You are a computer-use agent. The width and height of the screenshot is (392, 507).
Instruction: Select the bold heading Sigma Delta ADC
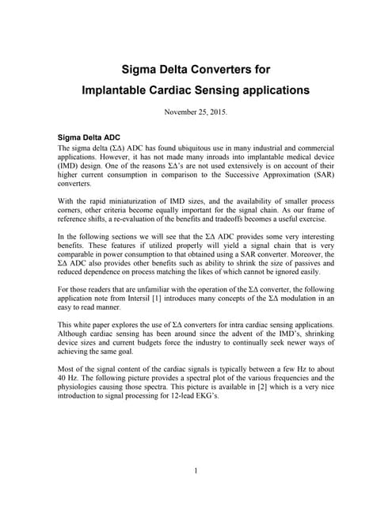point(89,137)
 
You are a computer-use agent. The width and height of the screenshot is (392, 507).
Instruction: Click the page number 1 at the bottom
point(195,474)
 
